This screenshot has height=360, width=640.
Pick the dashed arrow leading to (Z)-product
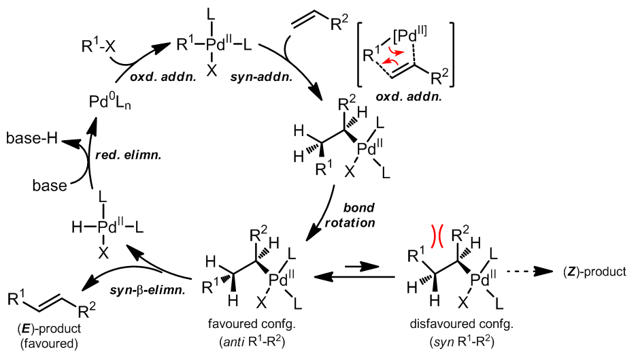point(538,272)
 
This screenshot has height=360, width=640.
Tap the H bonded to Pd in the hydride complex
point(77,223)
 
